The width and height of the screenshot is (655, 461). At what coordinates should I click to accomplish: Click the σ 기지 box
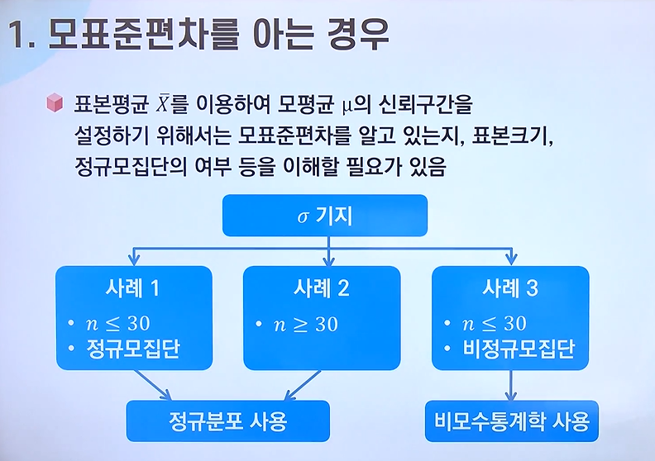[324, 217]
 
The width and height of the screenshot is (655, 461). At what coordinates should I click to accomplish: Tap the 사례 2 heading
[321, 288]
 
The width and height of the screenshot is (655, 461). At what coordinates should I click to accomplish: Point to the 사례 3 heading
[510, 288]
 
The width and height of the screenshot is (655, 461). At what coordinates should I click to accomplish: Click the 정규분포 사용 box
[227, 421]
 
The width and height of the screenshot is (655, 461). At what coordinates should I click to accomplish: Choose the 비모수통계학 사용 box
[512, 421]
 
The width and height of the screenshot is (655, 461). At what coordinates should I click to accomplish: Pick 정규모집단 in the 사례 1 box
[133, 349]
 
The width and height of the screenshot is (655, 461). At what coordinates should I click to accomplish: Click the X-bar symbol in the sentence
[165, 103]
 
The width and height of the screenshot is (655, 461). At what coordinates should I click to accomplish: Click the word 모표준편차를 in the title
[154, 36]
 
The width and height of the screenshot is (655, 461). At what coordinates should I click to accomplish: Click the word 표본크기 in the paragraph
[510, 135]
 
